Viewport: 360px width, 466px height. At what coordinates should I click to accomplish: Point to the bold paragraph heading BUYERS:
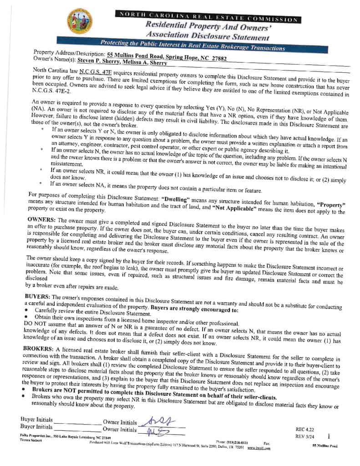[x=38, y=296]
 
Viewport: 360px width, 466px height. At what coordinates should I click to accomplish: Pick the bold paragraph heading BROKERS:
[x=40, y=348]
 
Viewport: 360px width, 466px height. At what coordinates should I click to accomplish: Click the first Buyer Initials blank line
[x=77, y=422]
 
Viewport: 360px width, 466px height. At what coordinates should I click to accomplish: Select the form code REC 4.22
[x=305, y=429]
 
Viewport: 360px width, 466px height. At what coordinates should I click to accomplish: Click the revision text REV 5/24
[x=305, y=436]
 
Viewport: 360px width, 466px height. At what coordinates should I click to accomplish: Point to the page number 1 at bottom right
[x=329, y=436]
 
